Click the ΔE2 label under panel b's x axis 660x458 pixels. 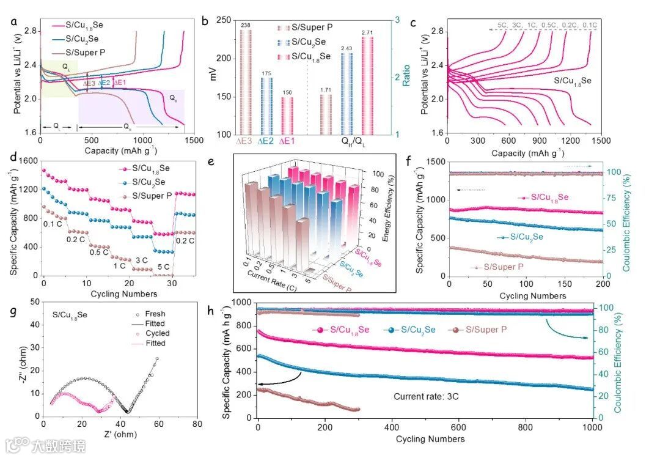point(266,142)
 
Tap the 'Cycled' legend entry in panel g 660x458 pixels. point(158,333)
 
